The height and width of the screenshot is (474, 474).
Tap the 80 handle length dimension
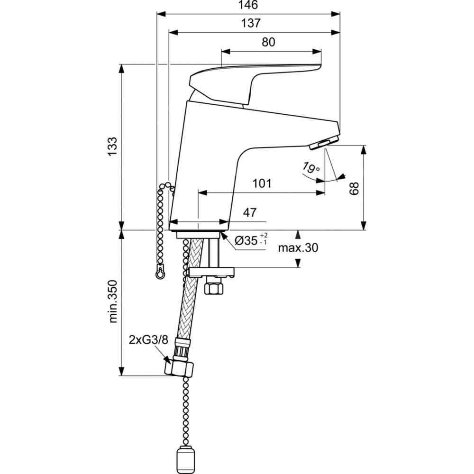pos(268,42)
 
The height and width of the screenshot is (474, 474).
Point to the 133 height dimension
pos(112,148)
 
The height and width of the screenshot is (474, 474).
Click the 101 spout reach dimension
pos(262,183)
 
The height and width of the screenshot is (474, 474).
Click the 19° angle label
pos(310,167)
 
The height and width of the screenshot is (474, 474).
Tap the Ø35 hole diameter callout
pos(251,240)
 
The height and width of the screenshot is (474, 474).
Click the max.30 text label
pos(298,247)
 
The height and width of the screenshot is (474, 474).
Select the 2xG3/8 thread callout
pos(148,339)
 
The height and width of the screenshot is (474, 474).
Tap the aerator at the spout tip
pos(324,143)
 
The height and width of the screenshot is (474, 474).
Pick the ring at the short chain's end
pos(161,273)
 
